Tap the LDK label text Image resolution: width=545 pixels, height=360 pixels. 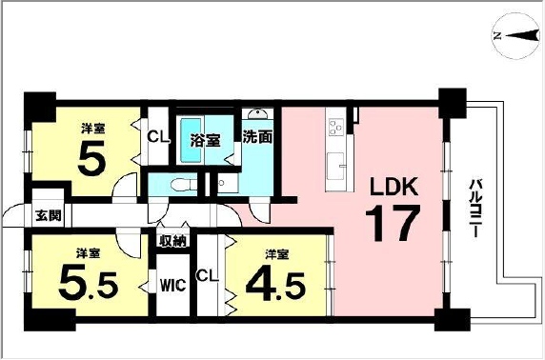coord(394,188)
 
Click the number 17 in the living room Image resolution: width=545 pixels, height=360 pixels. coord(392,223)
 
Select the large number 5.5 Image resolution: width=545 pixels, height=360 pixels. coord(89,282)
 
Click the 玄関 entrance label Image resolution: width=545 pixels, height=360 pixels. coord(49,216)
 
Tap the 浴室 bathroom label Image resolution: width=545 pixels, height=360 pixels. coord(205,140)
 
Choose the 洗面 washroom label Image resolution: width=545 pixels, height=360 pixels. coord(257,137)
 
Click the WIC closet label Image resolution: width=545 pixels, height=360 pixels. coord(172,286)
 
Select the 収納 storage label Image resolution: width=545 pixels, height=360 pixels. coord(173,240)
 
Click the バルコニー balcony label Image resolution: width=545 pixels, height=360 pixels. coord(474,208)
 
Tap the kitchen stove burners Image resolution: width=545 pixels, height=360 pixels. coord(336,127)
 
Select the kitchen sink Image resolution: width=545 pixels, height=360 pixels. coord(335,166)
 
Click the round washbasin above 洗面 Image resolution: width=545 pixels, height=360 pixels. coord(258,114)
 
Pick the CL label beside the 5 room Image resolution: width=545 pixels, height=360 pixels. coord(158,137)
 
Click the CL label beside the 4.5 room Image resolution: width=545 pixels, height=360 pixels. coord(208,276)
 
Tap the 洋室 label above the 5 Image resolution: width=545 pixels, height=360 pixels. coord(92,129)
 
